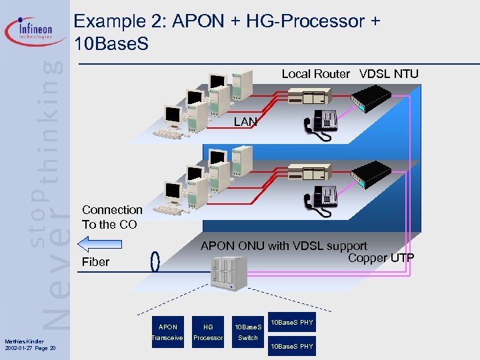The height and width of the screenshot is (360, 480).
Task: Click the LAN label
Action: coord(245,122)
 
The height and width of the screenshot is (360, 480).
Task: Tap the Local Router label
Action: coord(315,74)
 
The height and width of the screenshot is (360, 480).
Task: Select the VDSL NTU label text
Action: coord(389,74)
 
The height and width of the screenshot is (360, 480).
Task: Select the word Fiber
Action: coord(95,262)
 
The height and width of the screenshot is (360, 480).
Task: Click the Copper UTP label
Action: coord(381,257)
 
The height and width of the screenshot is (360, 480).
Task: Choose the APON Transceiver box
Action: coord(168,332)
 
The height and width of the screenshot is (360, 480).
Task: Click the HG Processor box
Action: coord(208,332)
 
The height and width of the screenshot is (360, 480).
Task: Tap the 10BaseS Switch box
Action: coord(248,332)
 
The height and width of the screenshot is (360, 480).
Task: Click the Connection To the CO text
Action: coord(112,217)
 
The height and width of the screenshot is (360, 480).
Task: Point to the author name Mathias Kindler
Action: coord(24,342)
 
